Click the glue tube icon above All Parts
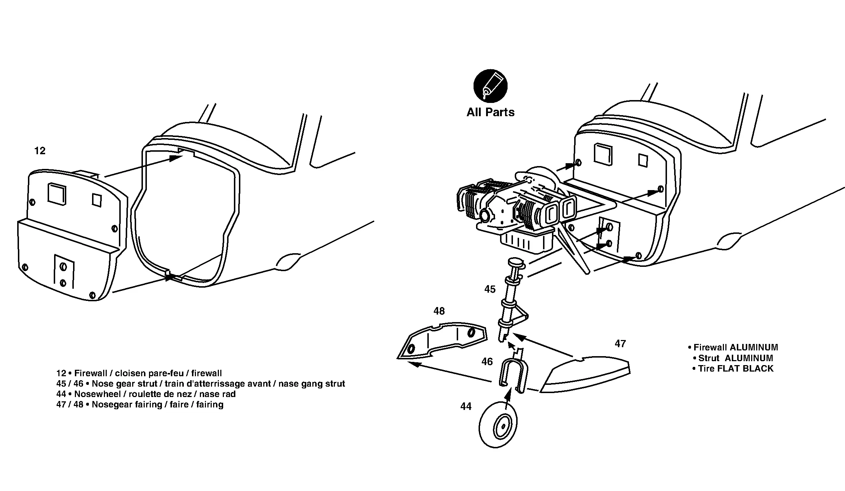[x=490, y=86]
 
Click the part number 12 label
[x=40, y=151]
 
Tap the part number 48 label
[x=439, y=311]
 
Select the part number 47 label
[x=620, y=344]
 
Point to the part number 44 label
[x=466, y=406]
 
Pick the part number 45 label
[x=490, y=289]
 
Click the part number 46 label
[x=487, y=362]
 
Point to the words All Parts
[x=490, y=112]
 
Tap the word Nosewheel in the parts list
[x=97, y=394]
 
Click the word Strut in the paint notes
[x=709, y=358]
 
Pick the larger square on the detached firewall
[x=57, y=194]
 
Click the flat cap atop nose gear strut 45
[x=516, y=262]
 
